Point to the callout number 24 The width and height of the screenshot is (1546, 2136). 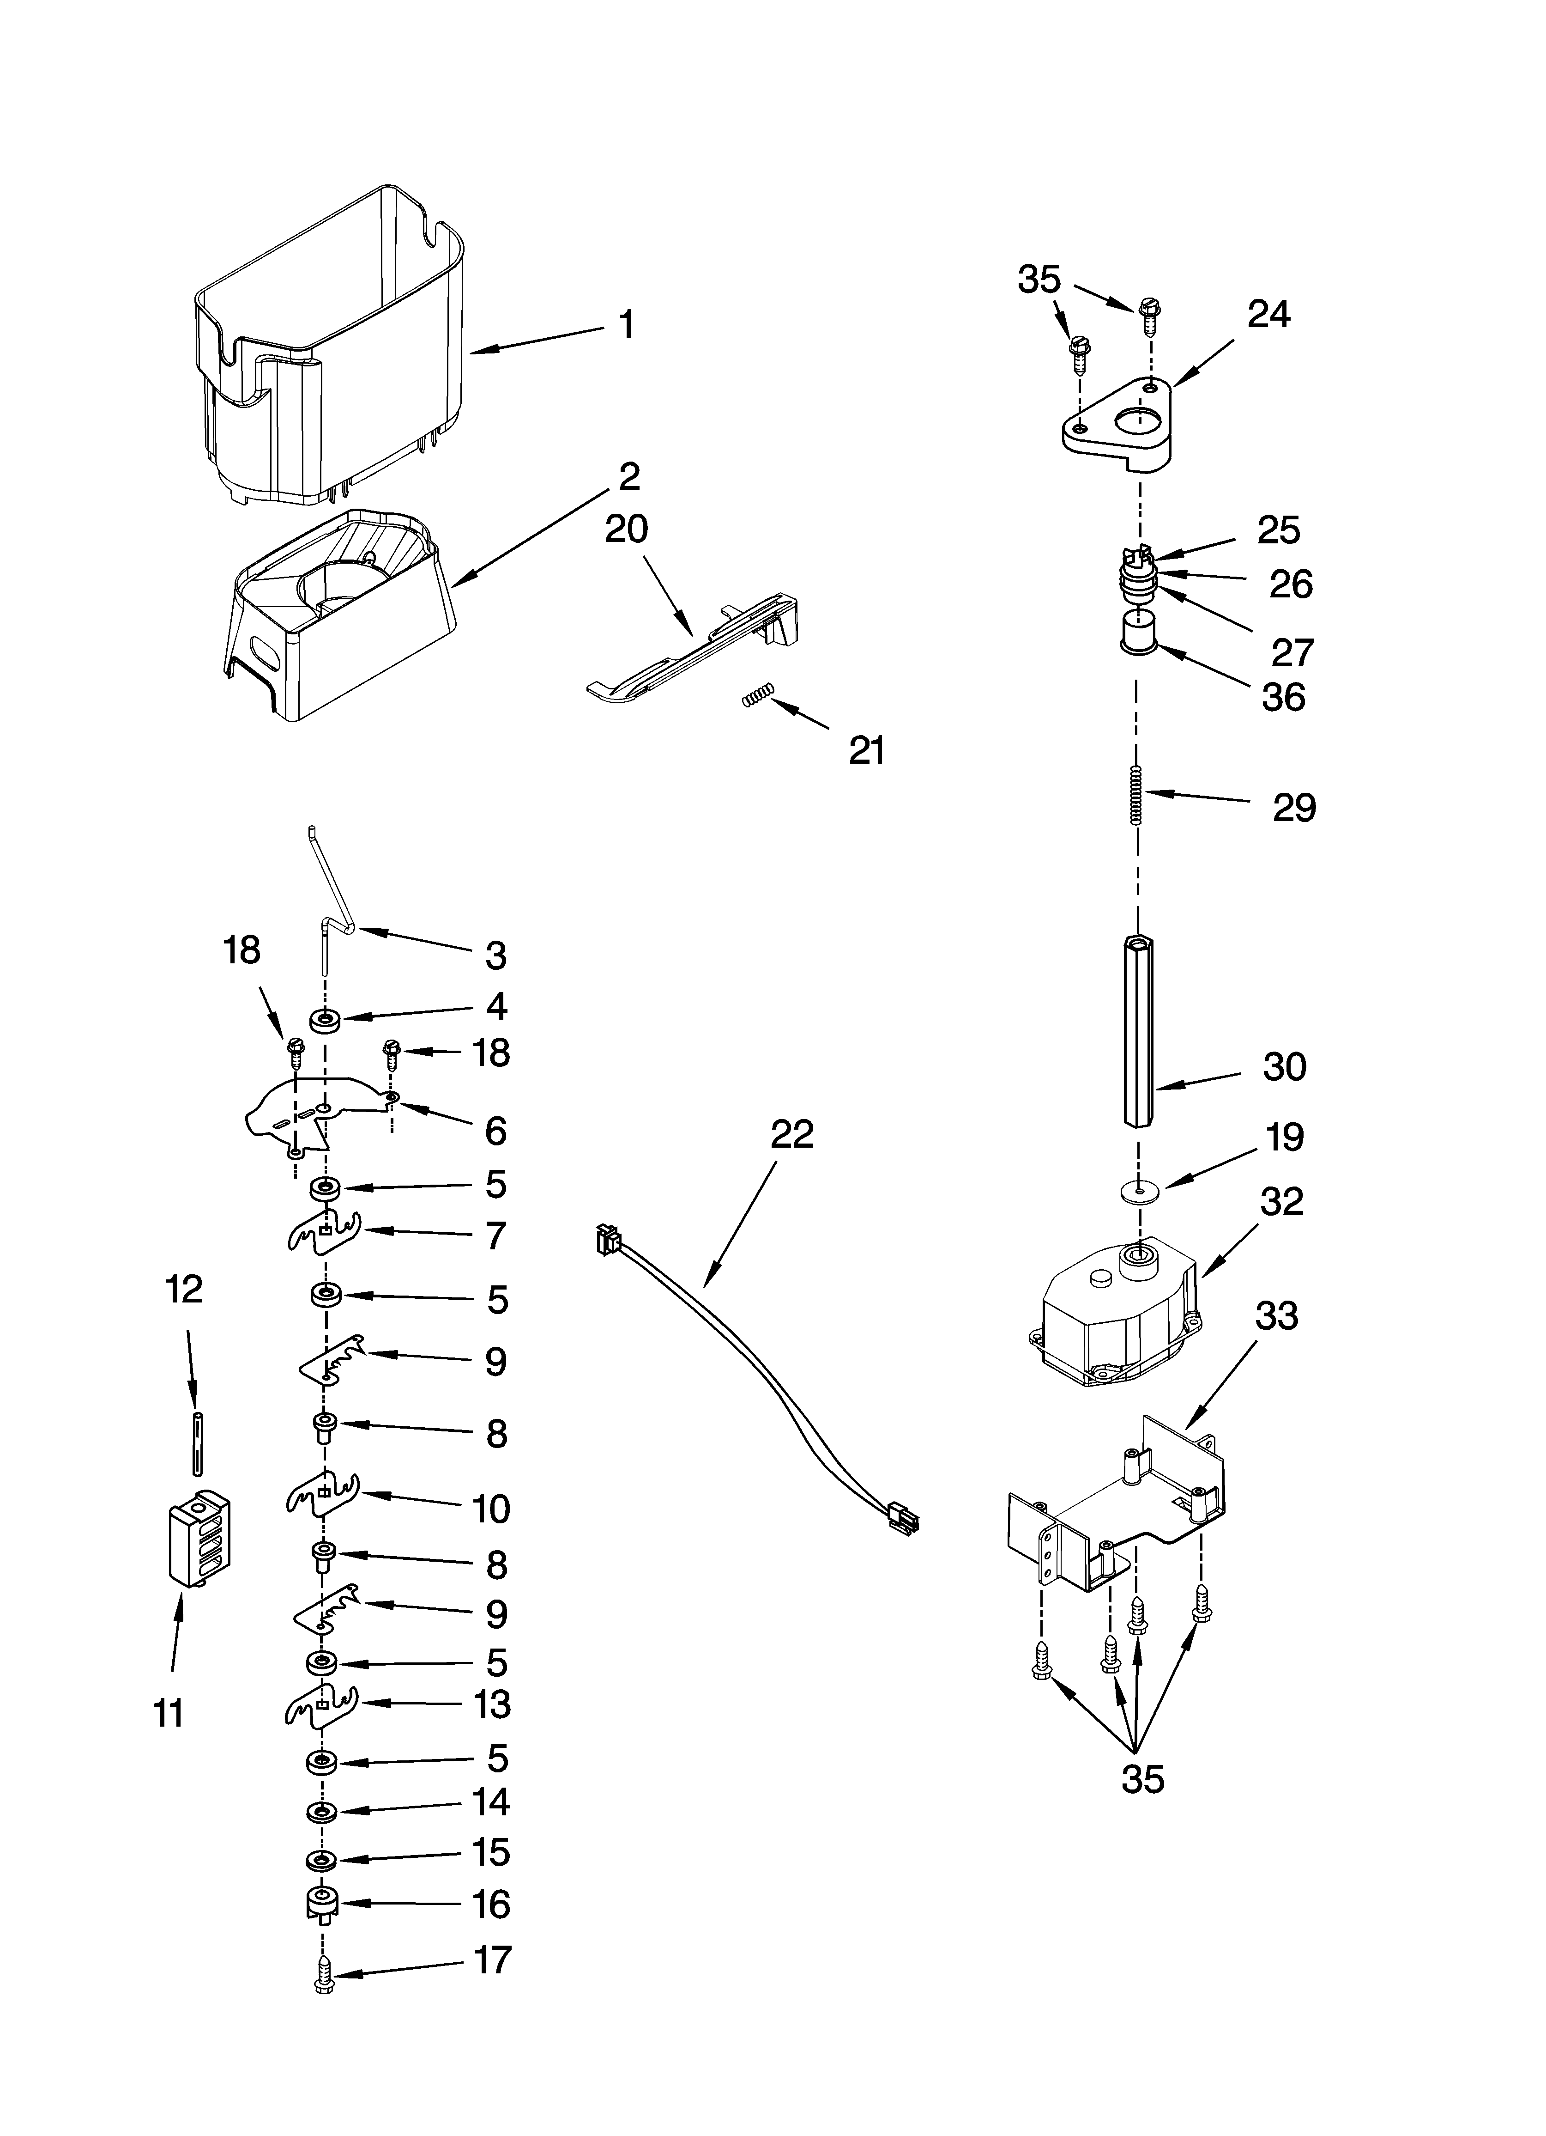[x=1268, y=315]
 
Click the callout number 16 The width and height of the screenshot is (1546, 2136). [x=490, y=1905]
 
